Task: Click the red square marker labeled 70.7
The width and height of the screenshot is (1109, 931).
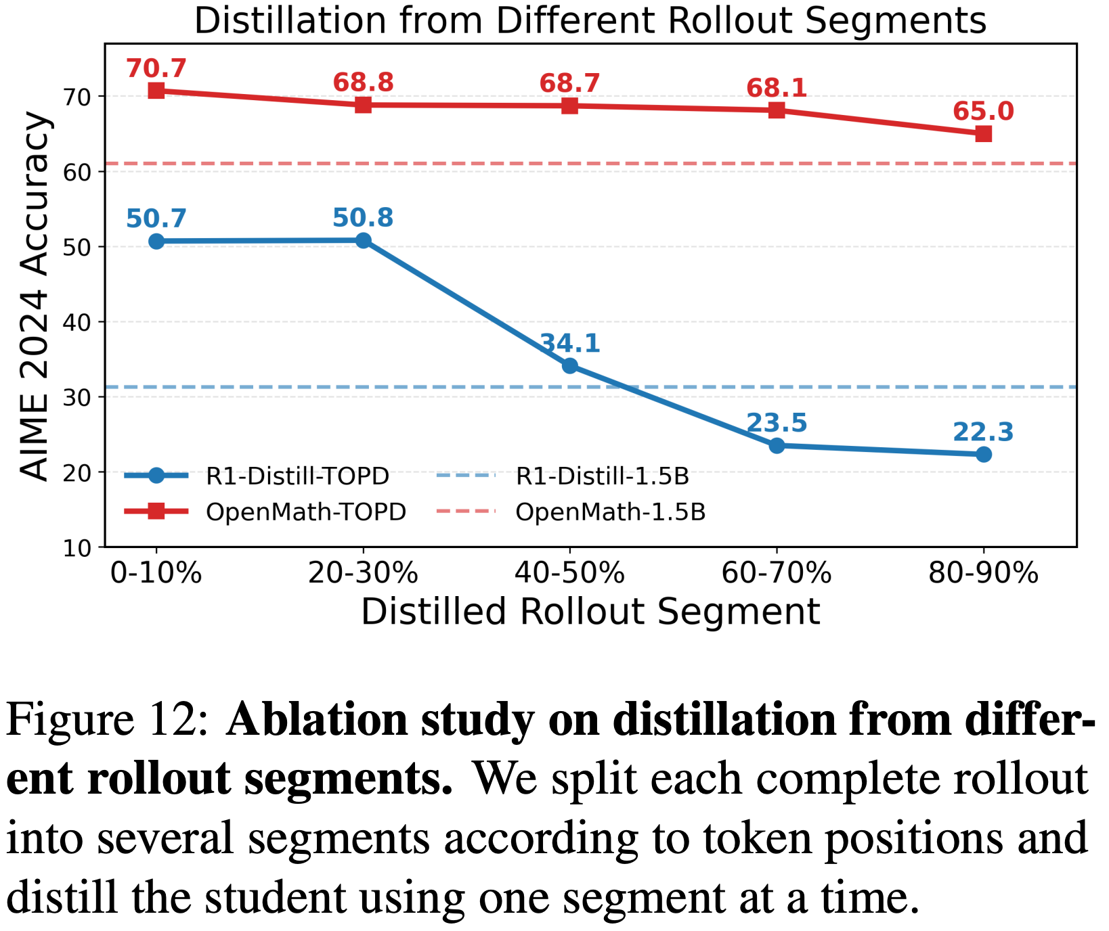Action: (x=156, y=91)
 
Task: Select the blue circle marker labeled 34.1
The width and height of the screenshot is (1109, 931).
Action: (x=570, y=366)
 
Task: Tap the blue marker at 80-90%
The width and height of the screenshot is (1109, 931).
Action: (x=984, y=455)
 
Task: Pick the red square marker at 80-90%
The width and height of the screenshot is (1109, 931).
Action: (x=984, y=134)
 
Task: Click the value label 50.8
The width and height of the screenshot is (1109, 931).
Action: (x=363, y=218)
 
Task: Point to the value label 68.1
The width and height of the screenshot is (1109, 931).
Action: (x=777, y=88)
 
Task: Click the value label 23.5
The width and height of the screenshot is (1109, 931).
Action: (x=777, y=424)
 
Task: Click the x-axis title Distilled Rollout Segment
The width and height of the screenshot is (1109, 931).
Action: (x=590, y=612)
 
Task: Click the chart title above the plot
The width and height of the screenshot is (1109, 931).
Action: (x=590, y=21)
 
